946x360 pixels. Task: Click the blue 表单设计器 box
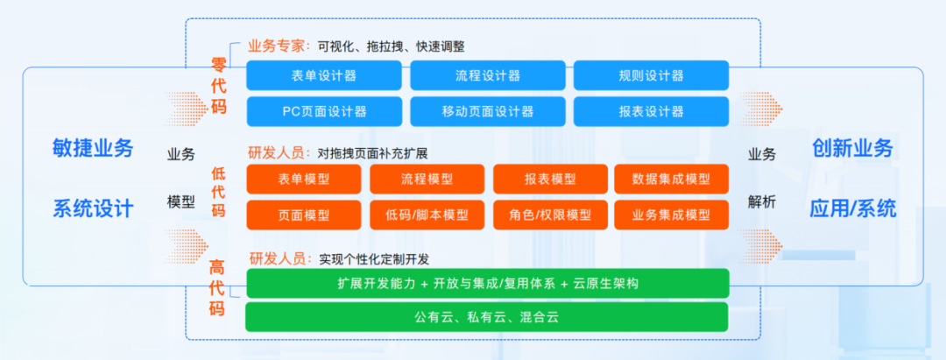tap(324, 75)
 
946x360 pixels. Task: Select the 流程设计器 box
tap(488, 75)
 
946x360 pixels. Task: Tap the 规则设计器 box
tap(652, 75)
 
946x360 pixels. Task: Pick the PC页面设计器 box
tap(324, 111)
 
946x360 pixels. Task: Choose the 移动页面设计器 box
tap(488, 111)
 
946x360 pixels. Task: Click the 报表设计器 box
tap(652, 111)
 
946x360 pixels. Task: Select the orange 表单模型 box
tap(304, 179)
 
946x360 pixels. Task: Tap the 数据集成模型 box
tap(672, 179)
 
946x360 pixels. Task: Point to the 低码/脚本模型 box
tap(427, 215)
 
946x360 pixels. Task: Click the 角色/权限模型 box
tap(550, 215)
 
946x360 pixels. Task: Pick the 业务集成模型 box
tap(672, 215)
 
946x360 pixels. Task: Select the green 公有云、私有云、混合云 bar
tap(487, 317)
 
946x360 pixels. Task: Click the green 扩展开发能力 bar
tap(488, 284)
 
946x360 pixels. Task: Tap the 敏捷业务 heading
tap(93, 148)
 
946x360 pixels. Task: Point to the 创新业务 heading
tap(852, 148)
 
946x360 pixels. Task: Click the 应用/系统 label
tap(852, 209)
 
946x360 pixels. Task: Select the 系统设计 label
tap(93, 209)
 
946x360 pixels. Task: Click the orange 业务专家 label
tap(276, 46)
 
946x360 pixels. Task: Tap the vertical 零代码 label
tap(218, 86)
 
